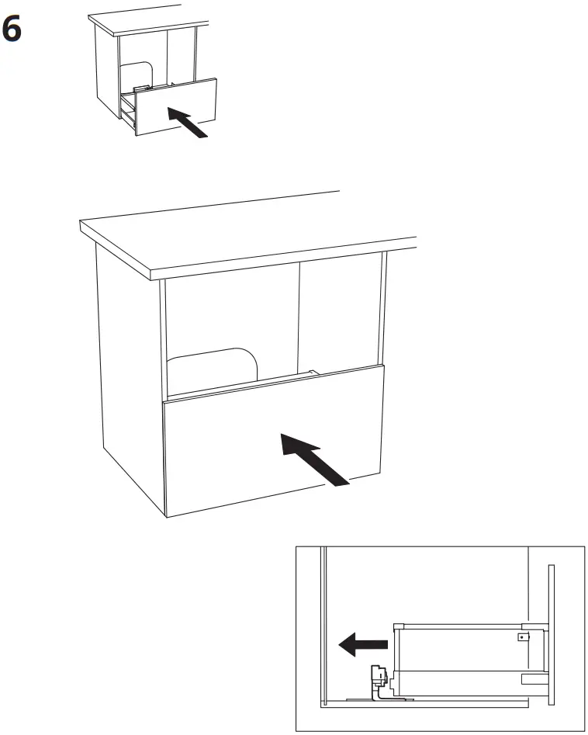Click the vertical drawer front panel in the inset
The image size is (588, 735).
552,635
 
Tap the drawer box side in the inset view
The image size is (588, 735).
458,656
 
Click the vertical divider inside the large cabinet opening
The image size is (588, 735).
299,318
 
